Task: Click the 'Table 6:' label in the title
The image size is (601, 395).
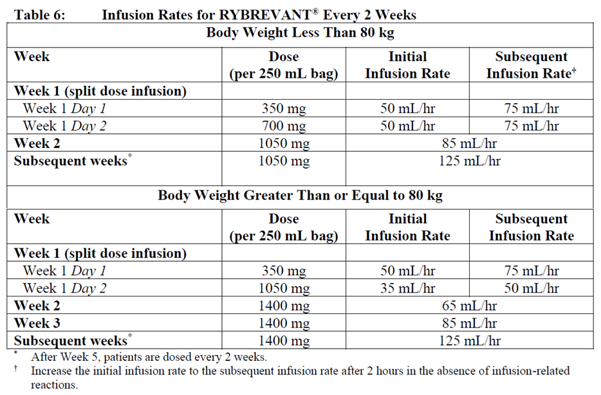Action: pyautogui.click(x=39, y=14)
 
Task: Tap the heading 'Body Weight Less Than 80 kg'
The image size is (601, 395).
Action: pyautogui.click(x=300, y=32)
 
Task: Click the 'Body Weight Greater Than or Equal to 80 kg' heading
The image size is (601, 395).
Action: pyautogui.click(x=300, y=195)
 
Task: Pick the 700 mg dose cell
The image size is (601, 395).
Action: pyautogui.click(x=284, y=126)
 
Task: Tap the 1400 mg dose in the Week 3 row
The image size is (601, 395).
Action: pyautogui.click(x=284, y=324)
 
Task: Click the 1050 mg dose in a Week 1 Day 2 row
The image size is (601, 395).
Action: pyautogui.click(x=284, y=289)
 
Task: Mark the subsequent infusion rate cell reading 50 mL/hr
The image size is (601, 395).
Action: pyautogui.click(x=532, y=289)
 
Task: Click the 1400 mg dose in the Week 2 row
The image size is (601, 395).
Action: pyautogui.click(x=284, y=306)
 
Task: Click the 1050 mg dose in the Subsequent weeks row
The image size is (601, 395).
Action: pyautogui.click(x=284, y=161)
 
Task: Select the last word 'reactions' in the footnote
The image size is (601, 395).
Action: pyautogui.click(x=55, y=385)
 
